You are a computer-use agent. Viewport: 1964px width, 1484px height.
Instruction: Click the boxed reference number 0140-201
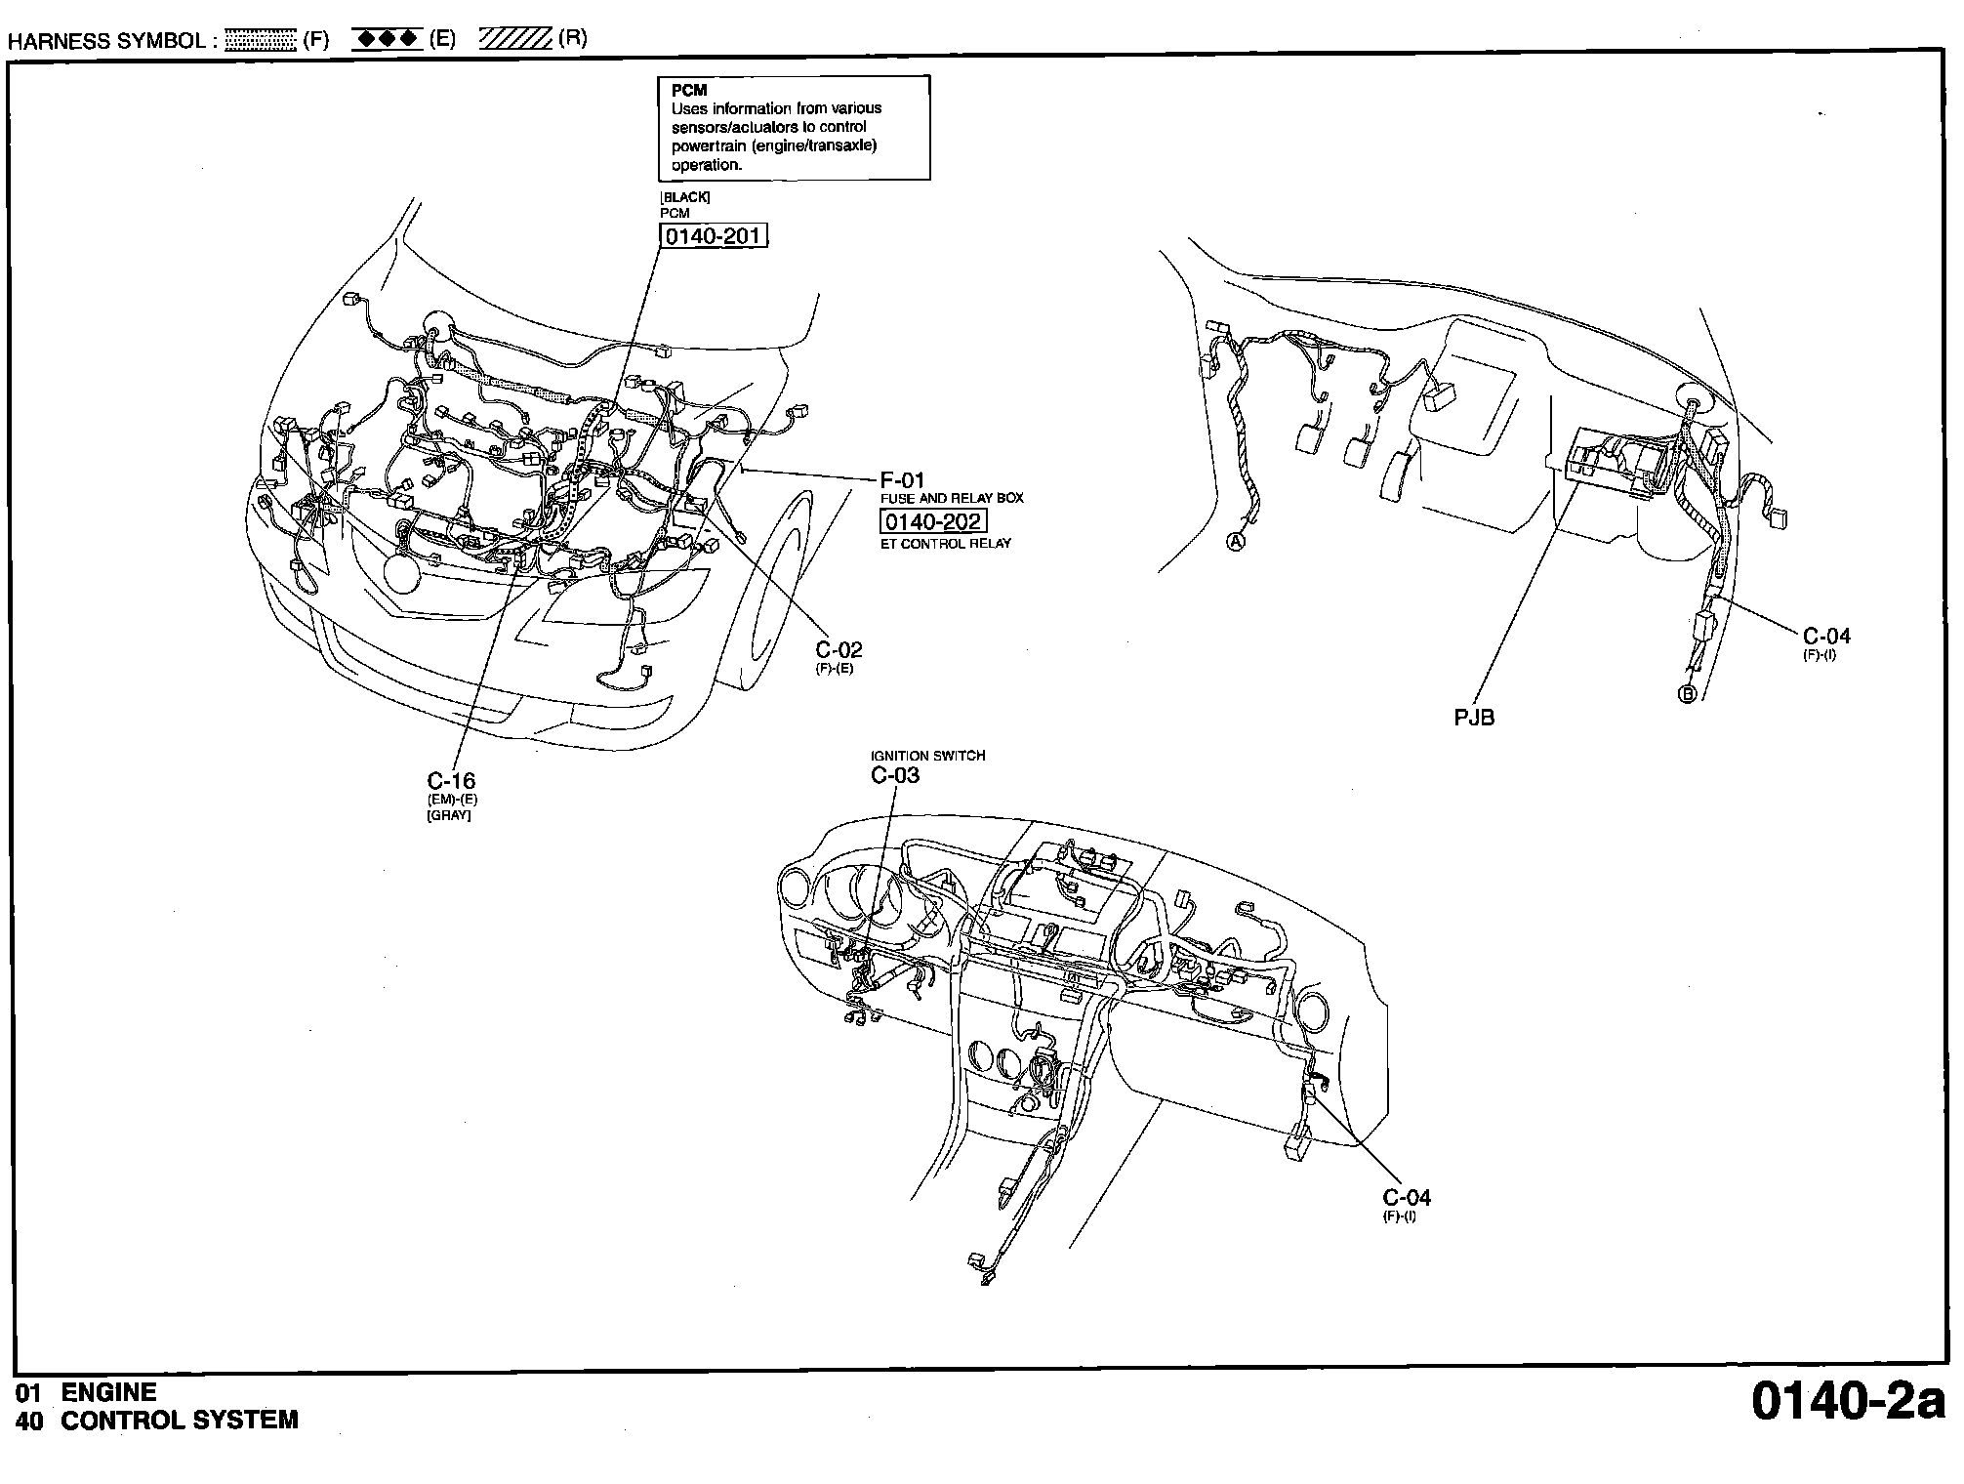(x=715, y=236)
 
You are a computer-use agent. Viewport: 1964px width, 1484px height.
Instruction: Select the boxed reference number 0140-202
(x=933, y=521)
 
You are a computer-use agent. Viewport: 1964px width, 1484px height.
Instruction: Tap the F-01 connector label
(x=902, y=480)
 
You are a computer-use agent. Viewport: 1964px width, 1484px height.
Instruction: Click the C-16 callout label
(x=451, y=780)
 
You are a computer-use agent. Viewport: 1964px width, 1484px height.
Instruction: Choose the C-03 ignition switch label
(x=895, y=775)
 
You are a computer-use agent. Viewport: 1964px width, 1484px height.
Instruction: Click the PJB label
(x=1474, y=718)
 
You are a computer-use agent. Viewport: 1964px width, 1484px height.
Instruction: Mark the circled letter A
(x=1236, y=542)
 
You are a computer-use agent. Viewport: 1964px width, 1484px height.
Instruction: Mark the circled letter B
(x=1687, y=694)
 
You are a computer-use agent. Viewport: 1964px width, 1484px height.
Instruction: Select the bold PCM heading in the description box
(x=689, y=91)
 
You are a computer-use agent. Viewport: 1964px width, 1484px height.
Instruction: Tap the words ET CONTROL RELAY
(x=946, y=544)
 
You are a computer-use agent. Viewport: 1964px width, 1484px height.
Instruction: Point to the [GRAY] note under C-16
(x=449, y=815)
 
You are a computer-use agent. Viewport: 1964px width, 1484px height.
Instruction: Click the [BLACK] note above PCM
(x=685, y=197)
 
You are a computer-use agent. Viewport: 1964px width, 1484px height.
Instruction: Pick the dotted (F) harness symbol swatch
(x=260, y=40)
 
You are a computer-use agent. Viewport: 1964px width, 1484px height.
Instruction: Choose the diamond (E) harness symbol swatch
(x=387, y=40)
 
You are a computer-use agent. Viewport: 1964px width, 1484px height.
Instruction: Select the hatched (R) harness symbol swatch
(x=515, y=40)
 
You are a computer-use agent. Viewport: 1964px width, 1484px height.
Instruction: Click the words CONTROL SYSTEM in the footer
(x=180, y=1421)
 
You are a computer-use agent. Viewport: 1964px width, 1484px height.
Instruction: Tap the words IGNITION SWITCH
(x=927, y=756)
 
